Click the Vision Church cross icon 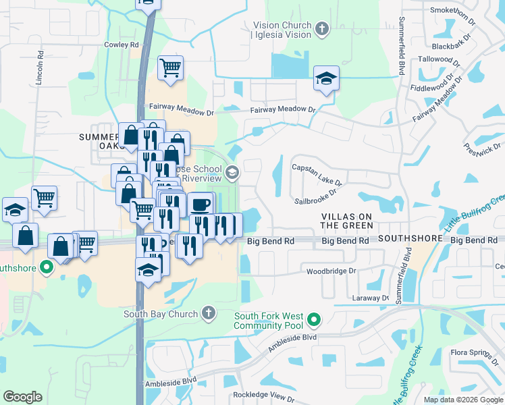tap(322, 29)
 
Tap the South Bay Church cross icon tap(209, 313)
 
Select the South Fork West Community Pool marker tap(313, 319)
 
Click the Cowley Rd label tap(121, 45)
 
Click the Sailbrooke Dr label tap(315, 200)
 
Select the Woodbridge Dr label tap(331, 271)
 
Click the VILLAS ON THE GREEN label tap(347, 220)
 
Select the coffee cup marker tap(201, 204)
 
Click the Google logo tap(22, 397)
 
